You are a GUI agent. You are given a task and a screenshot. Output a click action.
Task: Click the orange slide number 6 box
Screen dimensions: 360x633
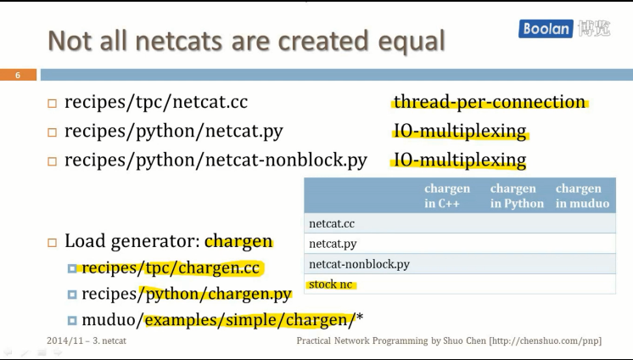pos(18,75)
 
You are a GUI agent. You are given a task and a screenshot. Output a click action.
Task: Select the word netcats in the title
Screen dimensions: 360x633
pos(181,40)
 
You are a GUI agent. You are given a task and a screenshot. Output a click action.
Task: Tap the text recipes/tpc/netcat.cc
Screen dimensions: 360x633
pos(156,103)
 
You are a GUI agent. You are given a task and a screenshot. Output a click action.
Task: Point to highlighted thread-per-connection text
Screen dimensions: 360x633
pos(490,102)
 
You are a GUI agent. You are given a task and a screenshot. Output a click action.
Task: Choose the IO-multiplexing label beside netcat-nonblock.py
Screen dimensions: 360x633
pos(459,160)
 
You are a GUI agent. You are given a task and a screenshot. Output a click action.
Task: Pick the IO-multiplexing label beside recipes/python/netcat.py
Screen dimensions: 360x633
pos(459,132)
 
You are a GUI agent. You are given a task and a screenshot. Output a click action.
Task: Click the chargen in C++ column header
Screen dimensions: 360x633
pos(446,196)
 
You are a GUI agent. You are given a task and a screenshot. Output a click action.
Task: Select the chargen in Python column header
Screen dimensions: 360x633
pos(517,196)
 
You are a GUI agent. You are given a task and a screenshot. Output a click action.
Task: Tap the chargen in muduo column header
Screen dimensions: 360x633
pos(582,196)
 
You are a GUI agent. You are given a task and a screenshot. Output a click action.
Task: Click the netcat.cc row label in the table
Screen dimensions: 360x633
pos(332,223)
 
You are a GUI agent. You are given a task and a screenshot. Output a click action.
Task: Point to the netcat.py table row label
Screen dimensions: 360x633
pos(332,244)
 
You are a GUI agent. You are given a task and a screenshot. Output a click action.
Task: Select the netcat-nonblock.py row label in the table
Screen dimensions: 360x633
pos(359,264)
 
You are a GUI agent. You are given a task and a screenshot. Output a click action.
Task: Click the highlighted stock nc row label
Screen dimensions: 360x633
pos(331,284)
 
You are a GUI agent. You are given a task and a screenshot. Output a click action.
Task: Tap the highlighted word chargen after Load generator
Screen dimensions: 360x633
pos(238,241)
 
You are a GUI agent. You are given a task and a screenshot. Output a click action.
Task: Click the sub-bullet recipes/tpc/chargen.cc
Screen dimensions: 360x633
pos(170,268)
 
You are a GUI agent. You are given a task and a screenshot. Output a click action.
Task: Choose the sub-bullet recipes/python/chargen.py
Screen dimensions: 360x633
pos(186,294)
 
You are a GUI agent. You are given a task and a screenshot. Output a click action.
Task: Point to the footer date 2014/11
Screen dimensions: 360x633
pos(66,340)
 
